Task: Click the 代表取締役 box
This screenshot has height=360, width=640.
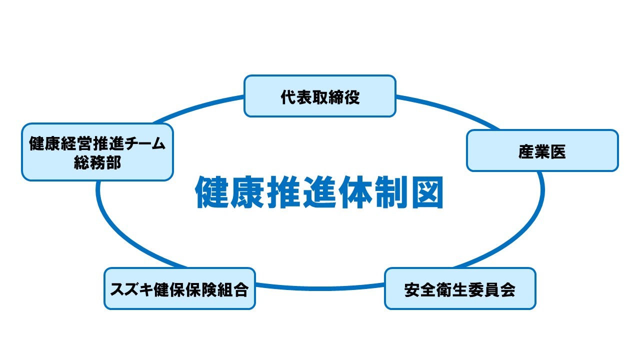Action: point(319,96)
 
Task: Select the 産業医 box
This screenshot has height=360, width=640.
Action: point(542,150)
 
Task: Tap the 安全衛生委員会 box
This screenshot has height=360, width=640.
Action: point(460,288)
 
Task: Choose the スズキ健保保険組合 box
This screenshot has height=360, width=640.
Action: point(179,288)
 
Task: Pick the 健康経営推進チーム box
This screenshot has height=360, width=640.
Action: point(97,152)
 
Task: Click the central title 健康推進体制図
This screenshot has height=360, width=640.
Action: point(319,192)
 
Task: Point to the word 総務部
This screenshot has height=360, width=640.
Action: point(97,162)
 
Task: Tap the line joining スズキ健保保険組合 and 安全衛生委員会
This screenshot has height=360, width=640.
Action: point(320,287)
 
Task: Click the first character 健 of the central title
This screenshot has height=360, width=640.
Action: point(211,192)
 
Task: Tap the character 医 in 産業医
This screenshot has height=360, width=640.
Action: point(558,151)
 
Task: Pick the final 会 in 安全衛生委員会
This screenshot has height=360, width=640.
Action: point(507,289)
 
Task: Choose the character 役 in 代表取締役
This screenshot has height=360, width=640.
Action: point(351,97)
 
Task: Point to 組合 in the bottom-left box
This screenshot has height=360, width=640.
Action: point(232,289)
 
